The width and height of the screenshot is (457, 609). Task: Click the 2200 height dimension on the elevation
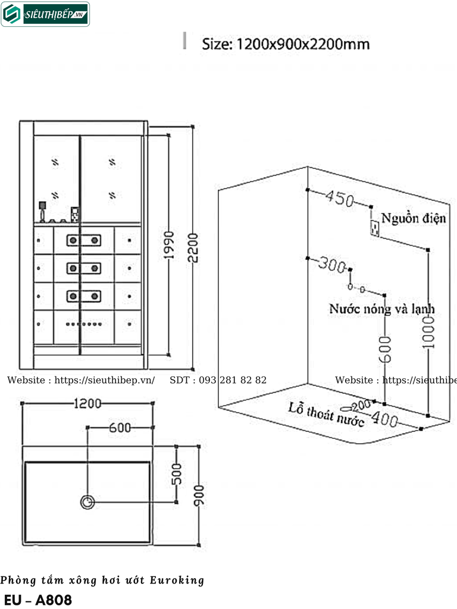[x=193, y=247]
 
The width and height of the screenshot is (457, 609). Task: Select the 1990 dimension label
[x=168, y=245]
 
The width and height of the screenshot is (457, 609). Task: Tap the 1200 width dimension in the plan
[x=87, y=404]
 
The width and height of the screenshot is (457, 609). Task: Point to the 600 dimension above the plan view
[x=120, y=428]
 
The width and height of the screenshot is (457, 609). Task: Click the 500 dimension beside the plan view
[x=176, y=474]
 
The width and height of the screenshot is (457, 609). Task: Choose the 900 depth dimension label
[x=199, y=495]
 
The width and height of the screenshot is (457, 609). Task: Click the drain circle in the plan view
[x=87, y=502]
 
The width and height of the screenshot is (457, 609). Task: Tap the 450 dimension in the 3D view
[x=340, y=198]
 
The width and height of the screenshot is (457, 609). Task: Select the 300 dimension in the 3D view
[x=332, y=264]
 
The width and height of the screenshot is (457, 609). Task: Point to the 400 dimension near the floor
[x=384, y=419]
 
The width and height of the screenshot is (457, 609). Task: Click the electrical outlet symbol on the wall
[x=375, y=228]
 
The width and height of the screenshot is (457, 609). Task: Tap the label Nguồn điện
[x=414, y=218]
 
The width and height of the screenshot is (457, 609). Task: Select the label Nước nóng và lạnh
[x=381, y=309]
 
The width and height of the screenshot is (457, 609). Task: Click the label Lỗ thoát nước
[x=327, y=415]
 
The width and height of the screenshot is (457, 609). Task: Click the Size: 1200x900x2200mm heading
[x=286, y=44]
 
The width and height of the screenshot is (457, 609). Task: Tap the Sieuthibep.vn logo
[x=45, y=14]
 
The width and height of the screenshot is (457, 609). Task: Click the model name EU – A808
[x=38, y=600]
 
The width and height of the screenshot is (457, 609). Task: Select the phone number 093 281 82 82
[x=233, y=380]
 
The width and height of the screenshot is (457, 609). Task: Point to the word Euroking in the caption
[x=177, y=580]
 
